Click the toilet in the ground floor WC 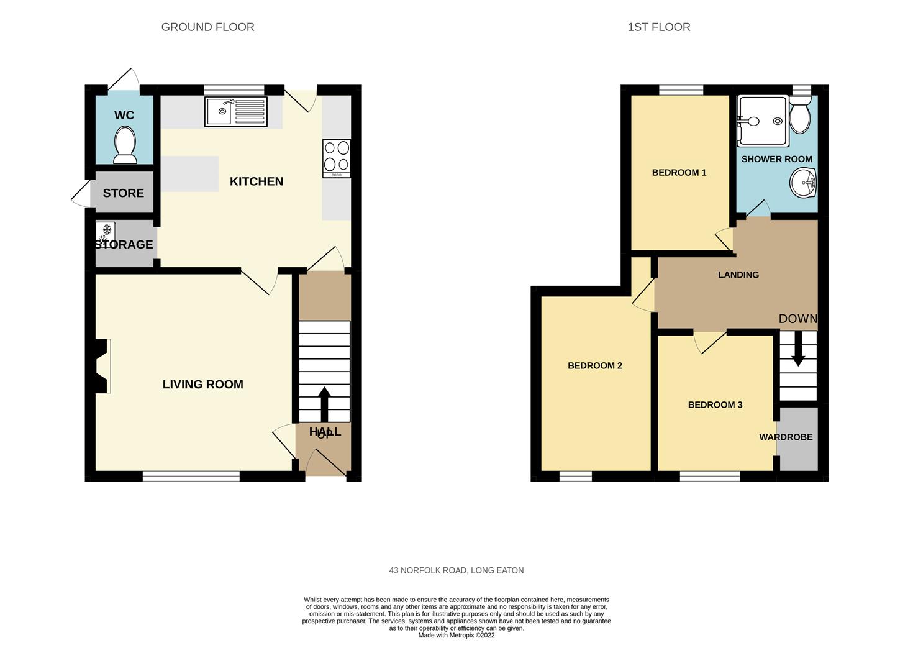click(125, 145)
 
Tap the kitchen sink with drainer click(236, 112)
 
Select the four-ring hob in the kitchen click(337, 158)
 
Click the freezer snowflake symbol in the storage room click(105, 233)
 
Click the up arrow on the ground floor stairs click(324, 404)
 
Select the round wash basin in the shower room click(803, 183)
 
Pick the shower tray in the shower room click(763, 121)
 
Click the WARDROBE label click(786, 437)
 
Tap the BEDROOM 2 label click(595, 366)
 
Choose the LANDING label click(738, 275)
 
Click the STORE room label click(124, 193)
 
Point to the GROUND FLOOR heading click(208, 27)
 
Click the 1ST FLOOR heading click(659, 27)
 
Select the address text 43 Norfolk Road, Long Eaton click(457, 570)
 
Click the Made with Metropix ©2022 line click(457, 635)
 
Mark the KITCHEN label click(257, 181)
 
